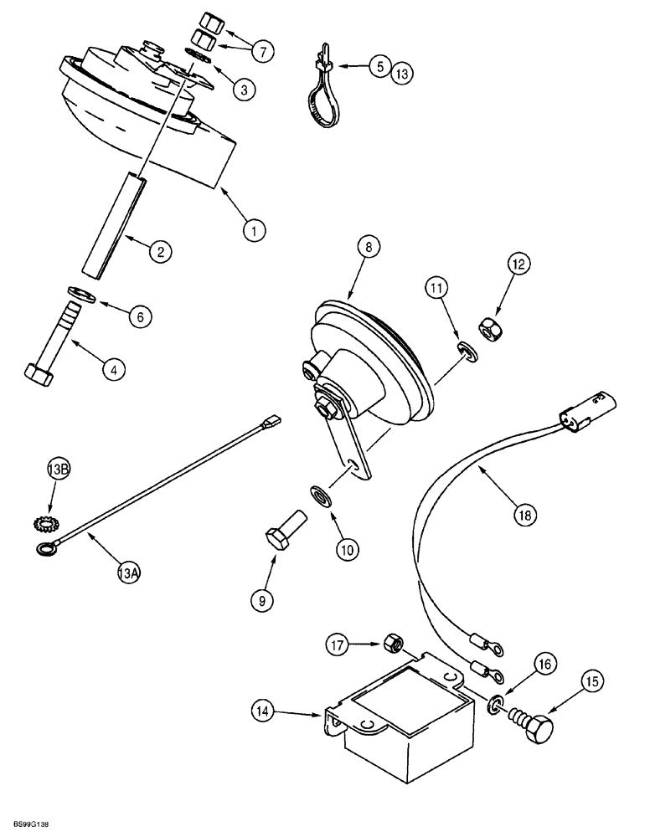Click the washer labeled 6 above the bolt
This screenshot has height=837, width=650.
78,296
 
